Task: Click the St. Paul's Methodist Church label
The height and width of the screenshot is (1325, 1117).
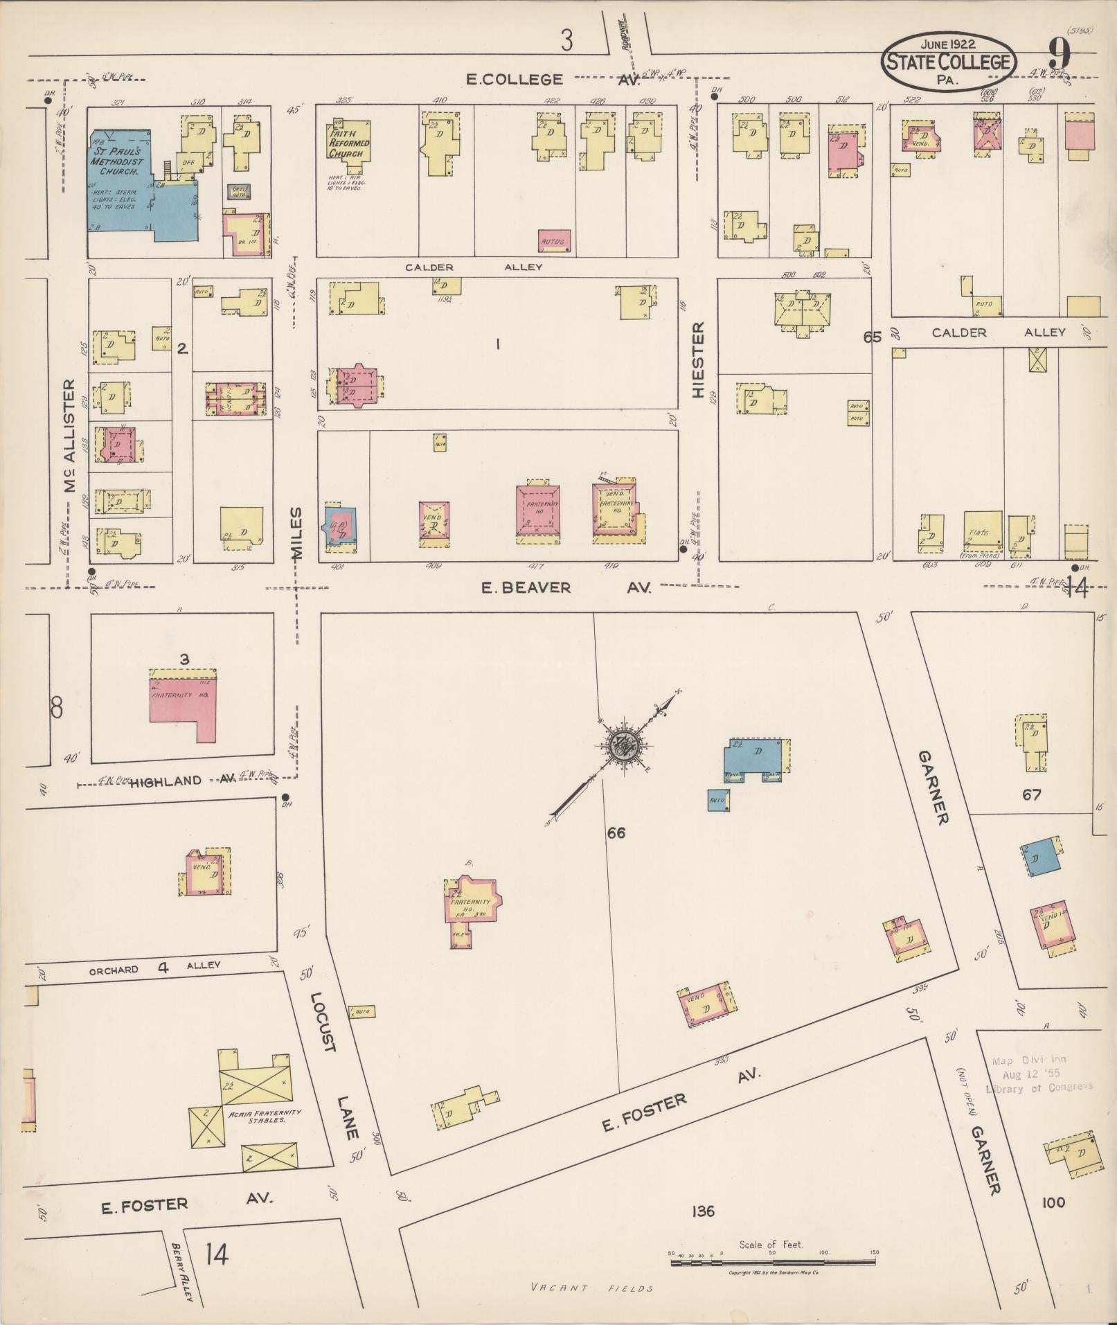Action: point(117,161)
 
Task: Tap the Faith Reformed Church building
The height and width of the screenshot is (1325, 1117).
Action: point(348,148)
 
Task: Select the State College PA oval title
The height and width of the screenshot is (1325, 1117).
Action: point(949,62)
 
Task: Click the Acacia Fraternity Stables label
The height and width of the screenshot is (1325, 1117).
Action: point(256,1116)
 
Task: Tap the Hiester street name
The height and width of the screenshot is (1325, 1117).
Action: point(697,360)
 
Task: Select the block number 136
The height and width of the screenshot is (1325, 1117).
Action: point(702,1211)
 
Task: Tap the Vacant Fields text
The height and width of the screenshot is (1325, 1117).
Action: point(592,1288)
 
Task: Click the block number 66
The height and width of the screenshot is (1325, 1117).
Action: point(616,833)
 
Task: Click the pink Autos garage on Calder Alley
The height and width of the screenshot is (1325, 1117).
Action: point(555,240)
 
